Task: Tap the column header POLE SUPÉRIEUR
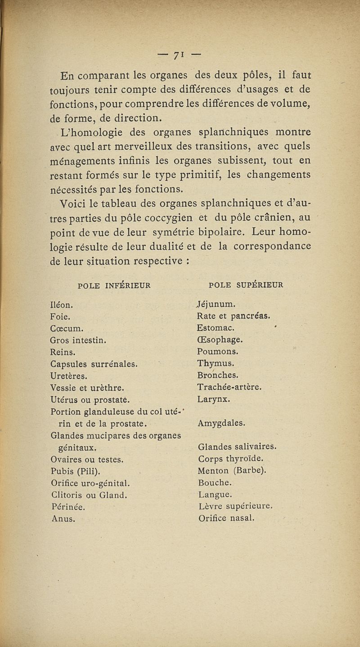(246, 285)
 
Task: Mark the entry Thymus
(213, 363)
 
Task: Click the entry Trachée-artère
(229, 387)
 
